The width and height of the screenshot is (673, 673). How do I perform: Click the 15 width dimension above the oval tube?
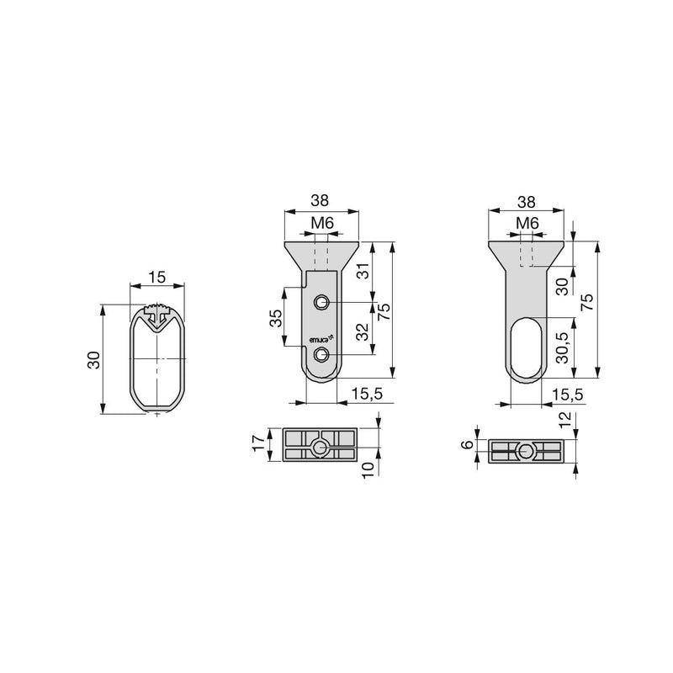pos(157,278)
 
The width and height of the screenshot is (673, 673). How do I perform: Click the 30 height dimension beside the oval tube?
pos(93,360)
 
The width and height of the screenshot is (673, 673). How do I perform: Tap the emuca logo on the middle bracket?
pos(321,339)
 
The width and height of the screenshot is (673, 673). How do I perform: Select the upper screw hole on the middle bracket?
pos(321,303)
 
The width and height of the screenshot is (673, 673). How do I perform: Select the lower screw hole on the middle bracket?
pos(321,354)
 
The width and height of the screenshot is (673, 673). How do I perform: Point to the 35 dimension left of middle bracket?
pos(277,318)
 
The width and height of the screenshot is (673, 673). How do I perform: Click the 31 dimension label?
pos(363,271)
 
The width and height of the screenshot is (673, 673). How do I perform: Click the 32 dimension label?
pos(363,331)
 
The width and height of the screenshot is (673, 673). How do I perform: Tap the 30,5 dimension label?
pos(563,347)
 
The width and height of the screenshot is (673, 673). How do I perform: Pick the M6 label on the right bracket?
pos(527,223)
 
